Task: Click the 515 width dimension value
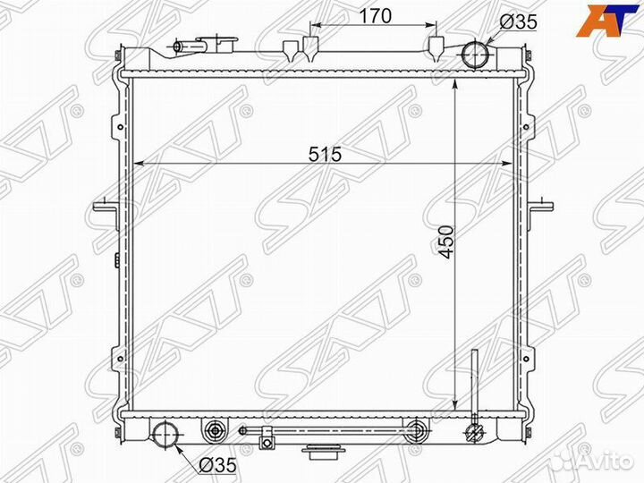point(326,155)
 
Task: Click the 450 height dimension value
point(446,241)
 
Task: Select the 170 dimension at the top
point(376,16)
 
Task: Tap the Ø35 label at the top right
point(518,21)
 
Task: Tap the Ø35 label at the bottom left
point(217,465)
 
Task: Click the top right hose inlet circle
point(475,55)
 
